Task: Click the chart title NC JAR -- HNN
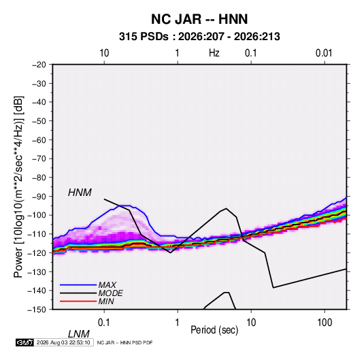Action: (199, 19)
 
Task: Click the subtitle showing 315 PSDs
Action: (199, 37)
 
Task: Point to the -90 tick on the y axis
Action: (39, 197)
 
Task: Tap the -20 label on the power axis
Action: (39, 65)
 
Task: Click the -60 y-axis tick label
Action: (39, 140)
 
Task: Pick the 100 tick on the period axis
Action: (325, 323)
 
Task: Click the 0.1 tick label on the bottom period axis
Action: (104, 323)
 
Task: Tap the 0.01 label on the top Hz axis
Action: (324, 53)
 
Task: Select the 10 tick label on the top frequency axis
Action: (104, 53)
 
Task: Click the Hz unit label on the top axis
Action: (214, 53)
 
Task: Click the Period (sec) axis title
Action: (214, 330)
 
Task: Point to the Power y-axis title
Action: (18, 186)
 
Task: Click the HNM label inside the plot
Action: (80, 193)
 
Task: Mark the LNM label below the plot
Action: (79, 334)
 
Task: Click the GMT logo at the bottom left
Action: (25, 342)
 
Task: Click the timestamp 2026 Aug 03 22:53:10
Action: (63, 342)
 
